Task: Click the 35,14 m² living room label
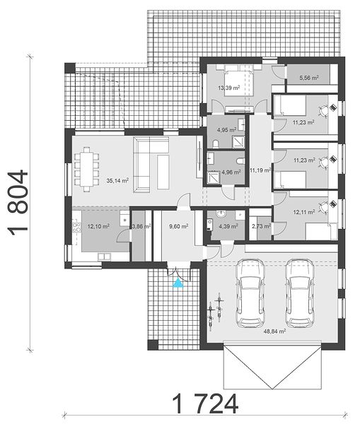point(117,180)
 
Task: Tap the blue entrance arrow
point(178,283)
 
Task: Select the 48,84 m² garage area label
point(274,331)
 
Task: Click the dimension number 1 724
point(205,404)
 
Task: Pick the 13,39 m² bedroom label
point(229,88)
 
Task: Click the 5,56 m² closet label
point(308,78)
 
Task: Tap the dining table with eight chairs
point(86,169)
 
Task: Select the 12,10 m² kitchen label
point(98,226)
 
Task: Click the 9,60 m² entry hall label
point(179,226)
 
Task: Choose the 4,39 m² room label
point(228,226)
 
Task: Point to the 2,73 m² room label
point(262,226)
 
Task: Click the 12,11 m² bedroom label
point(304,212)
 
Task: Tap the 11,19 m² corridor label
point(260,170)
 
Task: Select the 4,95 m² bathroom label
point(226,130)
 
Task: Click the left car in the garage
point(250,293)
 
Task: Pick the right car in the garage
point(300,293)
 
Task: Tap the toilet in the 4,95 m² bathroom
point(216,144)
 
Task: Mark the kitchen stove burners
point(76,227)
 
